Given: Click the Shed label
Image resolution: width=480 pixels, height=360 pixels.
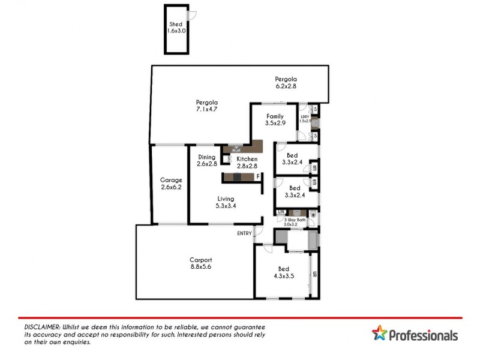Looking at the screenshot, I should [x=175, y=28].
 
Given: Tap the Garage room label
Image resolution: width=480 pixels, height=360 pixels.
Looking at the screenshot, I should [x=171, y=184].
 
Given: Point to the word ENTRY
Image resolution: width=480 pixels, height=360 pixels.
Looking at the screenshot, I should [x=244, y=233].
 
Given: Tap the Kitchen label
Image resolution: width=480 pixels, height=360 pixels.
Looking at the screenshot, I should [x=247, y=163].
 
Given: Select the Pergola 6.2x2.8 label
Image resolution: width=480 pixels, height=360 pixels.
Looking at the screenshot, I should [x=286, y=83].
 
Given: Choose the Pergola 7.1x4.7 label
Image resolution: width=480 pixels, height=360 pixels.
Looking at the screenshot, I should [x=206, y=106].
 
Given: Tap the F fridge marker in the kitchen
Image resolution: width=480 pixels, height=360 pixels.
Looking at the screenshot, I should [x=258, y=176].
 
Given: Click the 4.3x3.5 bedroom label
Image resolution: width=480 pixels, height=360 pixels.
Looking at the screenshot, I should [x=284, y=273].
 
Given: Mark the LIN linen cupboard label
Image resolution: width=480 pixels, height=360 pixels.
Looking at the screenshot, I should [x=280, y=212].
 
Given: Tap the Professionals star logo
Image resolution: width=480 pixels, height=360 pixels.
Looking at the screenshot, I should [x=379, y=334].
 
